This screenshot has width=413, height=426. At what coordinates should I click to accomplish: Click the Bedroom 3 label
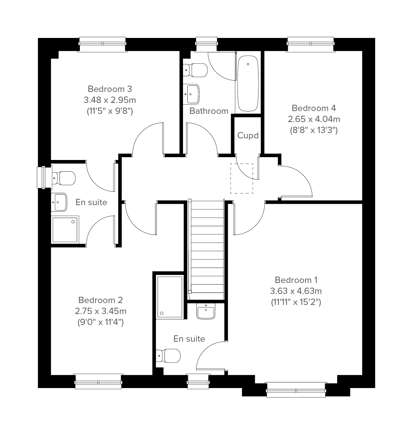[x=110, y=89]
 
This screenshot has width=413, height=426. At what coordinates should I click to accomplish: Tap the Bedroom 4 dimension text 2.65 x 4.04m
[x=314, y=119]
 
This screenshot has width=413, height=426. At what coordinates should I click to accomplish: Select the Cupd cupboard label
[x=248, y=136]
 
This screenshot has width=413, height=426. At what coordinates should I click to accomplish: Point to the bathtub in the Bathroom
[x=248, y=83]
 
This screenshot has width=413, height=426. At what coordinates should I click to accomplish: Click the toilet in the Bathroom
[x=195, y=70]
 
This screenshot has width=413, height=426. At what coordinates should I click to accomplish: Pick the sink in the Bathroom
[x=191, y=94]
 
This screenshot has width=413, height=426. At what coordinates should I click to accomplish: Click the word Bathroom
[x=209, y=111]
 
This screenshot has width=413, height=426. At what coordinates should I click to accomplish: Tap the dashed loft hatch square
[x=242, y=178]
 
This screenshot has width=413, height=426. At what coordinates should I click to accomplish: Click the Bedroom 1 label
[x=296, y=280]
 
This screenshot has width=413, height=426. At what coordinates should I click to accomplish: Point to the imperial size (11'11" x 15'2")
[x=296, y=302]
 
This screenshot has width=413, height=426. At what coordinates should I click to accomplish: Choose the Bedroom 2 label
[x=100, y=300]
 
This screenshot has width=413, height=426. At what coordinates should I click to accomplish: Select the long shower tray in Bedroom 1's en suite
[x=170, y=297]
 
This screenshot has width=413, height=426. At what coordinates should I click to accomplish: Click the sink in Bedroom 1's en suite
[x=206, y=311]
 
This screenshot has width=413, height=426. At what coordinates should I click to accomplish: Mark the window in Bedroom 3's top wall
[x=102, y=45]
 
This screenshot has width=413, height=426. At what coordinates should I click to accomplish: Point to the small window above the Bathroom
[x=206, y=45]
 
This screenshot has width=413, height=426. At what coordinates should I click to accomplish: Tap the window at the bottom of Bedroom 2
[x=98, y=381]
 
